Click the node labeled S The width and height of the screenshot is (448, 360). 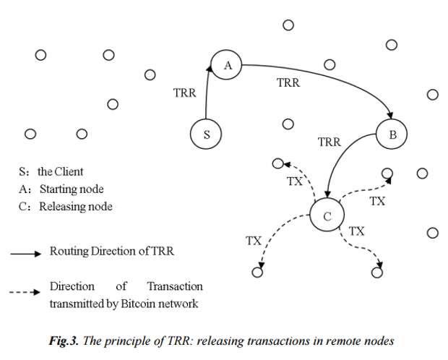tap(206, 134)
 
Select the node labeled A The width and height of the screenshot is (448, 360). tap(227, 66)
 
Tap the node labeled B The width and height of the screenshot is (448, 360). tap(392, 134)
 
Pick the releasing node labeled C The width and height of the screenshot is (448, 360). tap(327, 216)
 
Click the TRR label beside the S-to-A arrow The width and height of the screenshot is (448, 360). tap(185, 93)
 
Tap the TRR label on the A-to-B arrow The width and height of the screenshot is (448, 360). tap(288, 83)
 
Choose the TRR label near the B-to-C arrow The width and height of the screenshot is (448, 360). tap(329, 142)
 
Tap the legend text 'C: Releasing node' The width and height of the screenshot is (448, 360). tap(65, 207)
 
